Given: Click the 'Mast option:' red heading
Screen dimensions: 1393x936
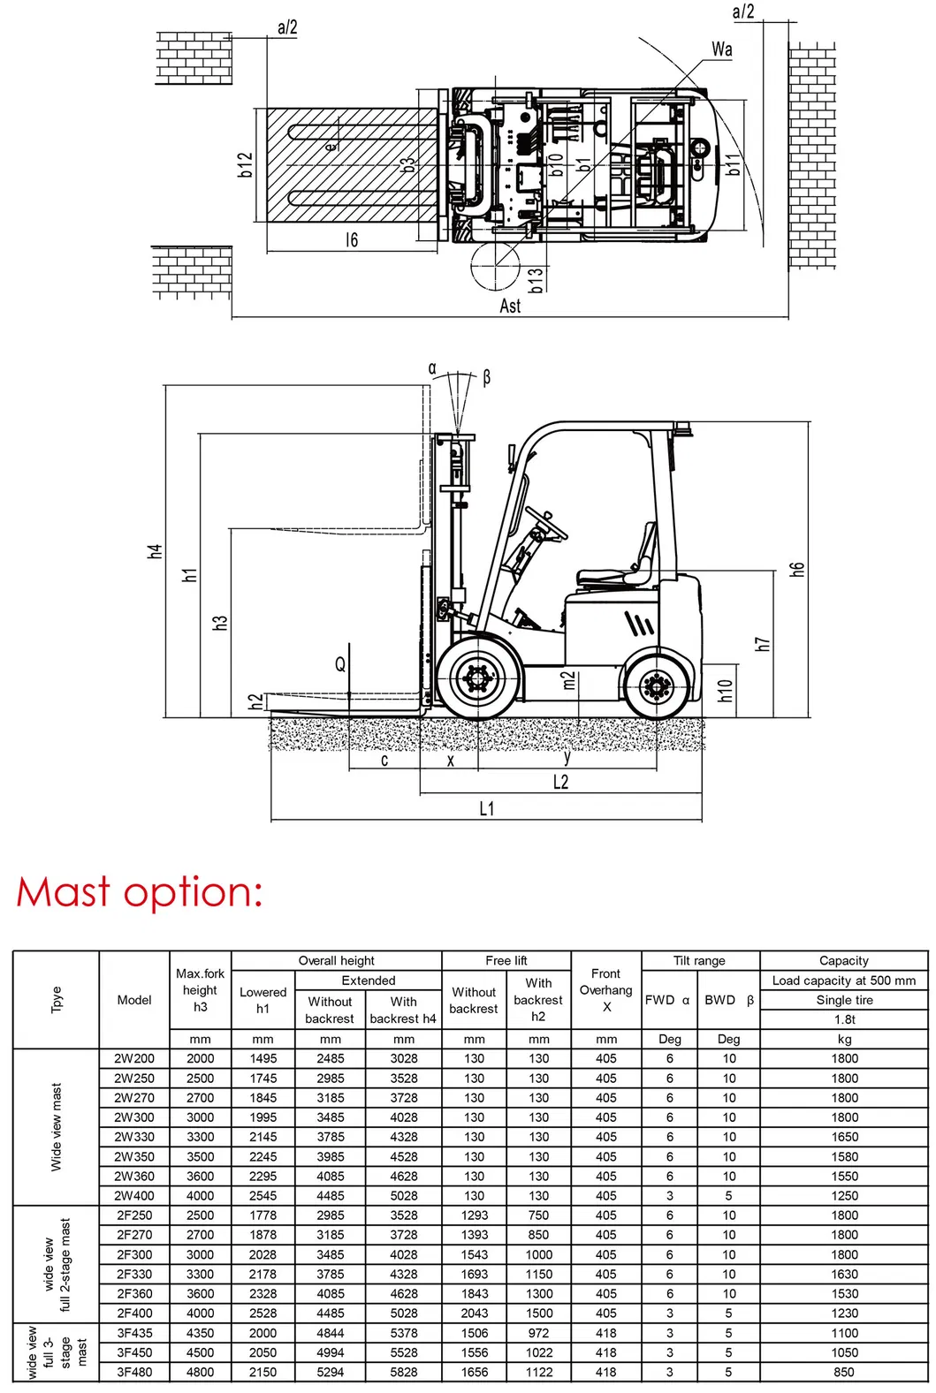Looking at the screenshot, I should (x=140, y=892).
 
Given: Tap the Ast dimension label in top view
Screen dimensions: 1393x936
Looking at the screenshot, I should (x=510, y=306).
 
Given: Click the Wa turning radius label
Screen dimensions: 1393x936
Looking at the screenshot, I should (x=722, y=49).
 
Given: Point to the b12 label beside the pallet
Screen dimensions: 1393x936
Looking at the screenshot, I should (x=246, y=164).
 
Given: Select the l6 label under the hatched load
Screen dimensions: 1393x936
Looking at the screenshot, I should (x=352, y=239).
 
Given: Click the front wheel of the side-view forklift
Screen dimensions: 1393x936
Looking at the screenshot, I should (x=477, y=678).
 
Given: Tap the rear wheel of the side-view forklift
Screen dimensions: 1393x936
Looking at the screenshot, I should (x=657, y=685).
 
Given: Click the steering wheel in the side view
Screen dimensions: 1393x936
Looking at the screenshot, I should (x=545, y=524).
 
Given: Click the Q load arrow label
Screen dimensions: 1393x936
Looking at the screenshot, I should (x=340, y=664).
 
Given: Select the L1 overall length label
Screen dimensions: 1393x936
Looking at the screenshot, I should (x=487, y=808).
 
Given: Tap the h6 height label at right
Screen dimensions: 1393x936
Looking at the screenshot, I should (x=797, y=569).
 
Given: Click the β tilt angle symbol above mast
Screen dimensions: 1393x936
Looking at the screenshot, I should (x=486, y=377).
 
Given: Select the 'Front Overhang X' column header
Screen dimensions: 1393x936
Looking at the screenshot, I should (x=606, y=990).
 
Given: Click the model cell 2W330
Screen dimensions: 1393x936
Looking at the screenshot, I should (x=134, y=1137).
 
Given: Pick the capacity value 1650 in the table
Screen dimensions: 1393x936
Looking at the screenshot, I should (x=844, y=1137).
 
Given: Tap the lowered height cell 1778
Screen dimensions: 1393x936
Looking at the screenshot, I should (x=263, y=1215).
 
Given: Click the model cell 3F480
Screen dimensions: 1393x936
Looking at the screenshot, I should (x=134, y=1372).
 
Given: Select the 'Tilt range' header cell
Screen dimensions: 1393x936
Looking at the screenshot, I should (x=699, y=960).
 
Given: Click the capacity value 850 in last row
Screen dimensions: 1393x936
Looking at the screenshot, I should (x=844, y=1372).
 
